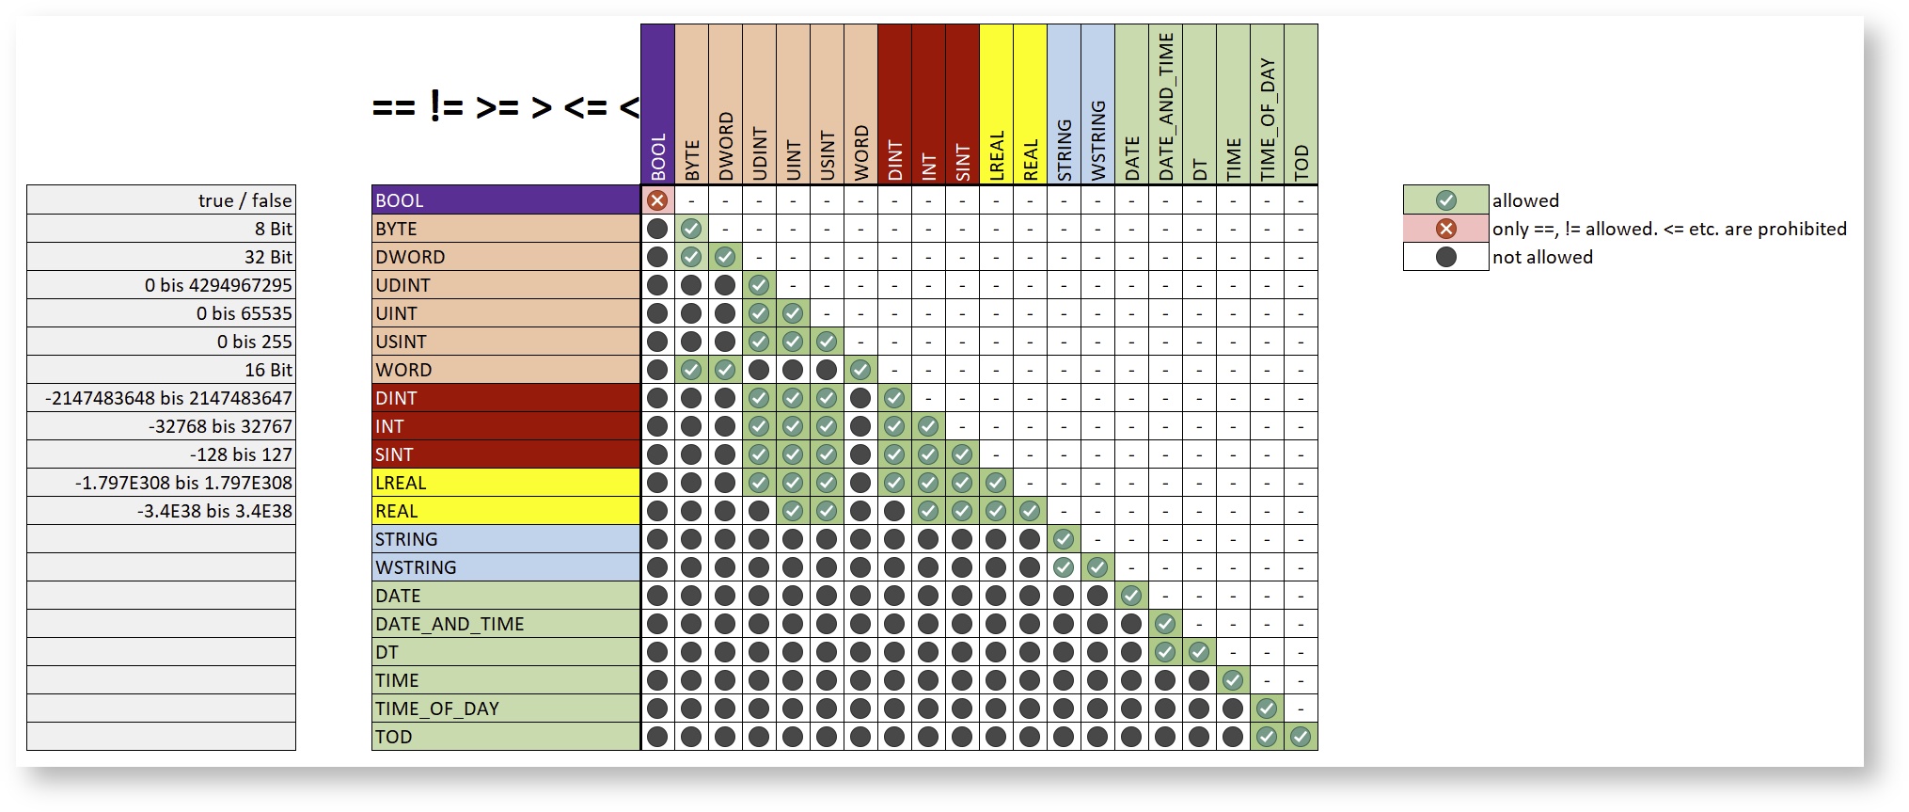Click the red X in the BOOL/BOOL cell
click(657, 200)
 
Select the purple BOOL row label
click(505, 200)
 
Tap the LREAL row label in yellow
click(505, 483)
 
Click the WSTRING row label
click(505, 567)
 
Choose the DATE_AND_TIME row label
click(505, 624)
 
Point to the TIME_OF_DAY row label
click(505, 709)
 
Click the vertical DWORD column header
click(725, 146)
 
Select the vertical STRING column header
click(1064, 149)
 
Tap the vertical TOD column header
click(1301, 162)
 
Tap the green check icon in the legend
click(1445, 200)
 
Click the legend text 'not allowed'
click(1542, 257)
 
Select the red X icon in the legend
click(1445, 229)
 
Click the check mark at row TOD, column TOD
click(1301, 737)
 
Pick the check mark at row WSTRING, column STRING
click(1064, 567)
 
